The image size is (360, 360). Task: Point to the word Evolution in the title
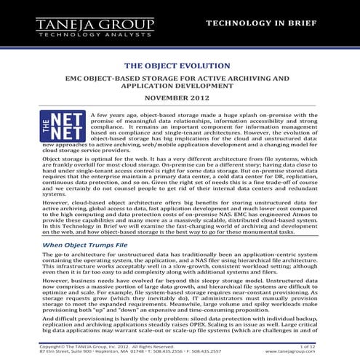coord(205,65)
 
